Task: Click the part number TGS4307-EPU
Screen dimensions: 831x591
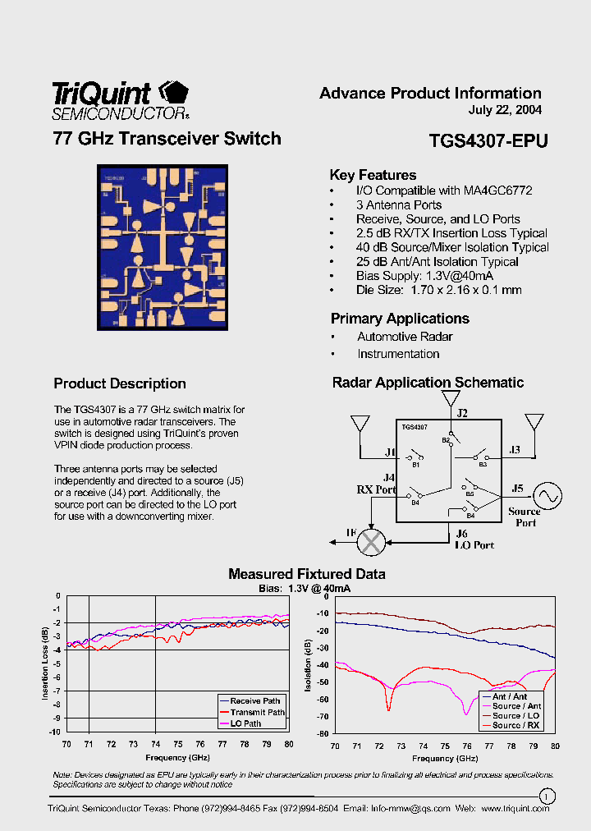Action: click(x=488, y=140)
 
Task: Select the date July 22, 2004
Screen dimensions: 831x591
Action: click(x=505, y=110)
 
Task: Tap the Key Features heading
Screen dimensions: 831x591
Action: click(x=373, y=175)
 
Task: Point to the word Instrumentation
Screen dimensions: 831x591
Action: click(x=398, y=354)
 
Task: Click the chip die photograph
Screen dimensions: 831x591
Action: click(x=163, y=247)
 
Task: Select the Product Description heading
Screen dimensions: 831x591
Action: click(x=120, y=383)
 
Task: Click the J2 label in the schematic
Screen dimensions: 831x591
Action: click(x=462, y=414)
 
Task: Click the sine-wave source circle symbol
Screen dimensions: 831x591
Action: click(x=547, y=495)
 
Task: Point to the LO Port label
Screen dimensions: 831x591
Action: click(x=474, y=545)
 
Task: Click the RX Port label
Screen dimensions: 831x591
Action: click(x=375, y=489)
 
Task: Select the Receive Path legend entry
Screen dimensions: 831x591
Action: click(x=255, y=701)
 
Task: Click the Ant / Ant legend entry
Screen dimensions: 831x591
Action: click(x=510, y=696)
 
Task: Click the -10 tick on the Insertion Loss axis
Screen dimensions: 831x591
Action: click(x=55, y=732)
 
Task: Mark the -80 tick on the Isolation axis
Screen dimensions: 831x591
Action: click(x=323, y=733)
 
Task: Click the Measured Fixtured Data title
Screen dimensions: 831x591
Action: click(x=306, y=574)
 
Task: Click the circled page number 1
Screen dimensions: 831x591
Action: click(x=546, y=795)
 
